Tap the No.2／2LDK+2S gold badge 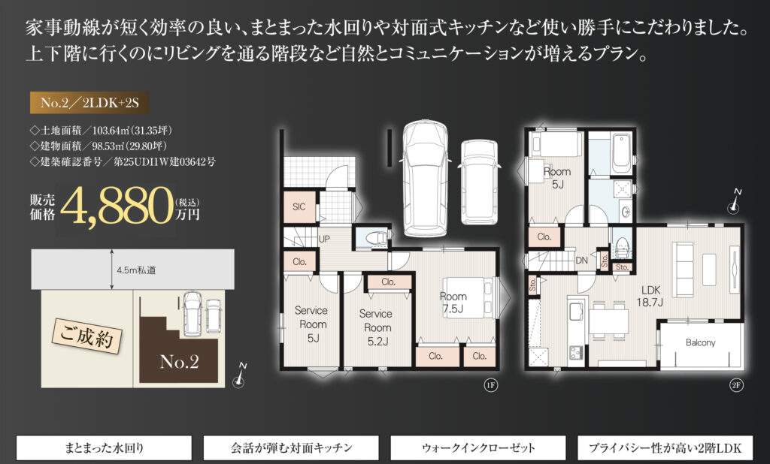(x=89, y=102)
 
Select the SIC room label (x=299, y=207)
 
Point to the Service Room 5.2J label (x=377, y=327)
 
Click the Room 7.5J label (x=453, y=302)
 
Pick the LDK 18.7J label (x=650, y=296)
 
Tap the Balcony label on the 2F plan (x=700, y=343)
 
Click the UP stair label (x=325, y=239)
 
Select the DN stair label (x=581, y=261)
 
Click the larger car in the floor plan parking (x=424, y=179)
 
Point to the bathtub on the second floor (x=621, y=152)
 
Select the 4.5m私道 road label (x=136, y=270)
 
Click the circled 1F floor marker (x=490, y=385)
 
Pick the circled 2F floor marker (x=735, y=385)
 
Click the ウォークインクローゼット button (x=477, y=447)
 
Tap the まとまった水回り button (x=104, y=447)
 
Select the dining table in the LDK (x=609, y=321)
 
